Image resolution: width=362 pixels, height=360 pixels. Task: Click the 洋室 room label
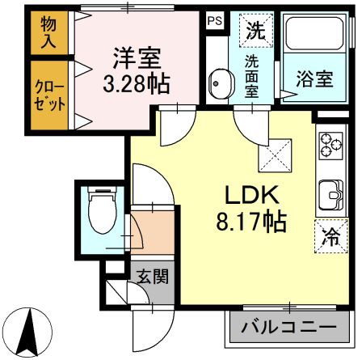point(137,58)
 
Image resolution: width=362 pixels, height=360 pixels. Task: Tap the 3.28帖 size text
point(137,83)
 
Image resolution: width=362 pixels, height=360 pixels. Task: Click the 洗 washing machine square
point(255,32)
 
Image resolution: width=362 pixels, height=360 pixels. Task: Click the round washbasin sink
point(219,83)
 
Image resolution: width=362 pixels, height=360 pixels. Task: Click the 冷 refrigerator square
point(330,237)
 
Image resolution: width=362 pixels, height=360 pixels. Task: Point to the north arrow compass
point(33,331)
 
